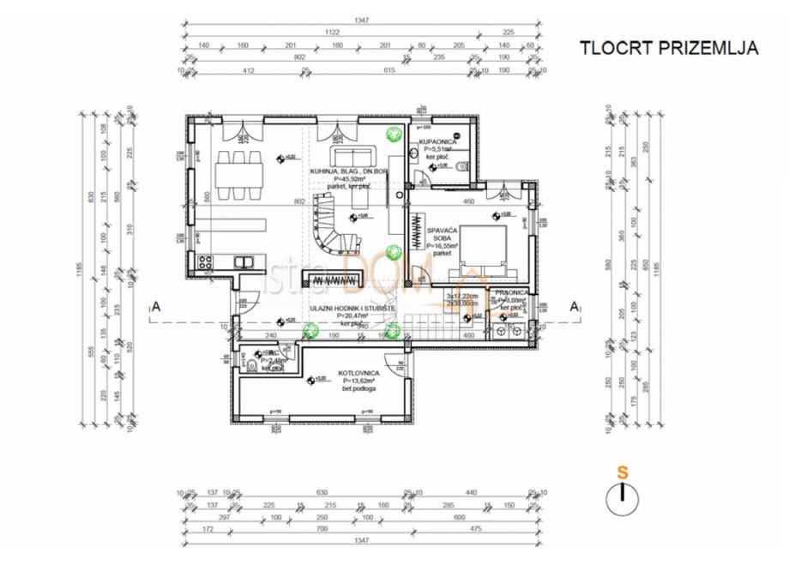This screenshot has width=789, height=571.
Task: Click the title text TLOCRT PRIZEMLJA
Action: coord(669,48)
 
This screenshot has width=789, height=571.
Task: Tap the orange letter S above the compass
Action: coord(623,472)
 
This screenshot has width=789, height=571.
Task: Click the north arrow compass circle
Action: coord(623,499)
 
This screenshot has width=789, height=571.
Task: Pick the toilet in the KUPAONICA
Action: coord(462,166)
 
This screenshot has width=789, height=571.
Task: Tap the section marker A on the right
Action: coord(574,306)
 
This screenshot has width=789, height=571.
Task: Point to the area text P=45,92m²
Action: coord(352,179)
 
